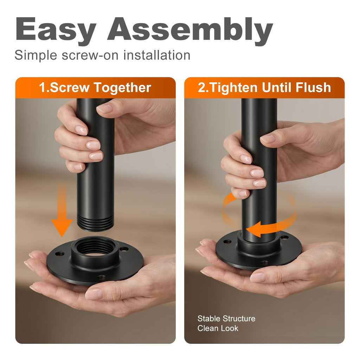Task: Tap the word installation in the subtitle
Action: pos(157,55)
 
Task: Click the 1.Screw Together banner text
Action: pos(95,88)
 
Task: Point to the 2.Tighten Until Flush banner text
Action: pos(264,88)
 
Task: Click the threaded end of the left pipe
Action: pos(95,222)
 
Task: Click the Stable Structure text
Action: pos(226,319)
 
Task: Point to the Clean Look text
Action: pos(218,328)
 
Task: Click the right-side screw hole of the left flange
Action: pos(124,249)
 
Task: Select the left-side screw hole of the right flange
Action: pos(227,242)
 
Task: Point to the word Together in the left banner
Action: pos(122,88)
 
